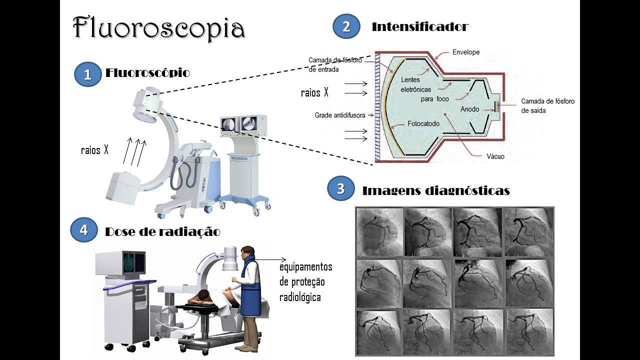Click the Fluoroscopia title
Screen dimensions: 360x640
tap(159, 28)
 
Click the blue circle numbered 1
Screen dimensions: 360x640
tap(87, 74)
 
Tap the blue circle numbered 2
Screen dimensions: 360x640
tap(346, 26)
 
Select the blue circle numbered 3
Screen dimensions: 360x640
tap(340, 189)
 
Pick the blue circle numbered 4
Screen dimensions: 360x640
tap(83, 230)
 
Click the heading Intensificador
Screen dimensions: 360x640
tap(419, 27)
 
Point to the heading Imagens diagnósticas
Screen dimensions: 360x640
tap(435, 190)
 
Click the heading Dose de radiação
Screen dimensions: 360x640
tap(162, 232)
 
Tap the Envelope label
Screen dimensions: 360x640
tap(465, 52)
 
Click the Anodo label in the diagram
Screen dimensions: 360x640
tap(469, 109)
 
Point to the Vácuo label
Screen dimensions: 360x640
tap(495, 156)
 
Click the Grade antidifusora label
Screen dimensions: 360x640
tap(339, 115)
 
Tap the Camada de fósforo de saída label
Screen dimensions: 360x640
tap(547, 105)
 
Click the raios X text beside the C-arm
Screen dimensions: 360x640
tap(94, 150)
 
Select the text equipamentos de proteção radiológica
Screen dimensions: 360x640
tap(305, 282)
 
